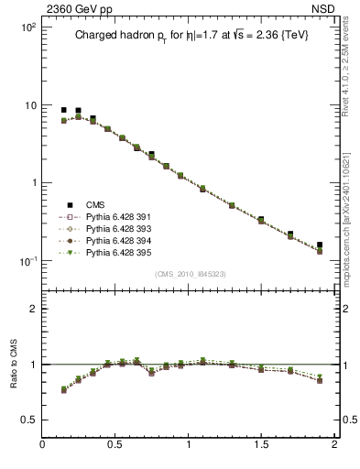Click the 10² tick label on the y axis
[28, 27]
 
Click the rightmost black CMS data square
[320, 245]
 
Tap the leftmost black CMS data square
[64, 110]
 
